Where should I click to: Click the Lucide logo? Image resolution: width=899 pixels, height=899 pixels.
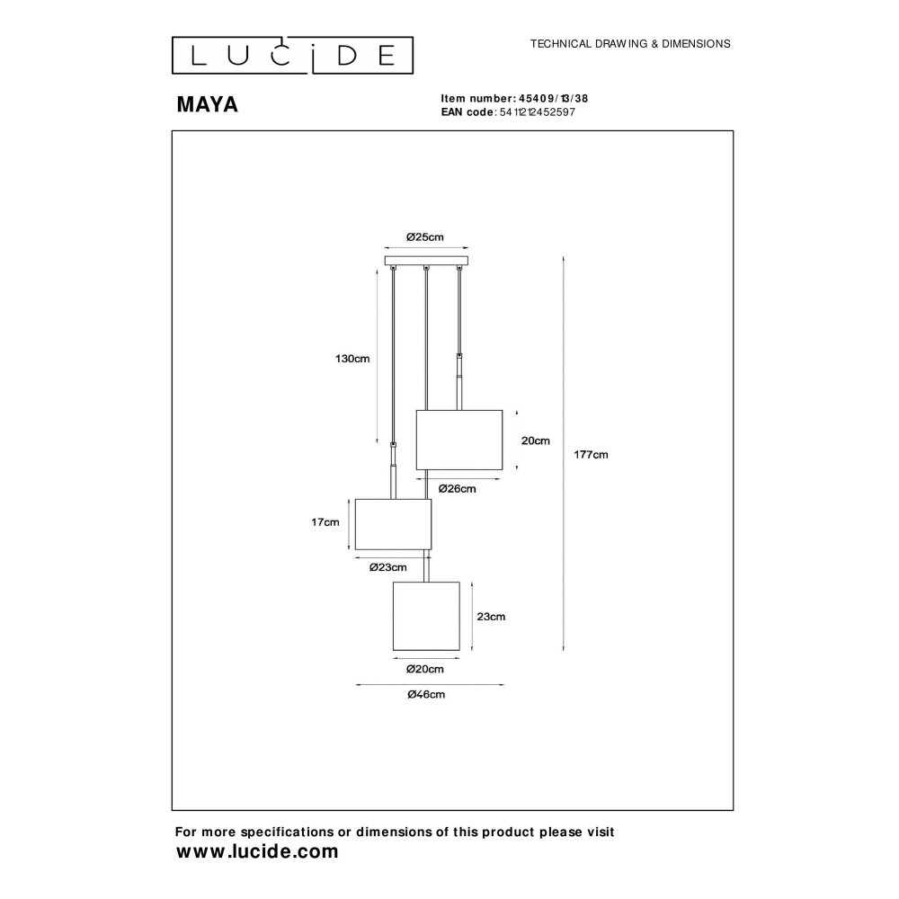coord(292,56)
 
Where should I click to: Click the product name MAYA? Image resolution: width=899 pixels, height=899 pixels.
coord(207,104)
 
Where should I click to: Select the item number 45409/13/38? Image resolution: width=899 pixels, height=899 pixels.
coord(553,99)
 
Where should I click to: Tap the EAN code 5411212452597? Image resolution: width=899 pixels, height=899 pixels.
coord(538,112)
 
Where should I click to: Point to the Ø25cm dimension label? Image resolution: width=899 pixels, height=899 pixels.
coord(425,236)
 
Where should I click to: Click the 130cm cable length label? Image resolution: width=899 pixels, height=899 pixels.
coord(352,359)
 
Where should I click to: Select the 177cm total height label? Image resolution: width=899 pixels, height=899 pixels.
coord(592,455)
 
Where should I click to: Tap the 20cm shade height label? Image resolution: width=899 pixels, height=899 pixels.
coord(536,441)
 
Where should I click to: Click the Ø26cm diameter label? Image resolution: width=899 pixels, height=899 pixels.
coord(457,489)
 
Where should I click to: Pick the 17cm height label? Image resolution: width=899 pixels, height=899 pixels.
coord(325,522)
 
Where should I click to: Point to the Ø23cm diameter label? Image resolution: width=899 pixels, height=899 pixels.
coord(388,567)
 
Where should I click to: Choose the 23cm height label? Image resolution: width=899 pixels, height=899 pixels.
coord(492,617)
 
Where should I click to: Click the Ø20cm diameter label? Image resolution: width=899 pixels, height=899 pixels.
coord(425,669)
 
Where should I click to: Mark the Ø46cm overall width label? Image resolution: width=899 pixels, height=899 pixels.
coord(426,695)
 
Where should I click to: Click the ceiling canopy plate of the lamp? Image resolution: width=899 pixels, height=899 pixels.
coord(426,261)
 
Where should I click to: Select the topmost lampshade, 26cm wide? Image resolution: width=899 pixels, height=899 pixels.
coord(459,440)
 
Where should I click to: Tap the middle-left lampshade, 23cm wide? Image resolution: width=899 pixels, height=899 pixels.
coord(393,524)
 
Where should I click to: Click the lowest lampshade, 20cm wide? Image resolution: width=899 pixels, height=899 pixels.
coord(426,616)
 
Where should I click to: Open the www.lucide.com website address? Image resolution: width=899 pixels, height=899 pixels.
coord(257,851)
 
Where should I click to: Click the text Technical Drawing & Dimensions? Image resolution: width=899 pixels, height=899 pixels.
coord(630,43)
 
